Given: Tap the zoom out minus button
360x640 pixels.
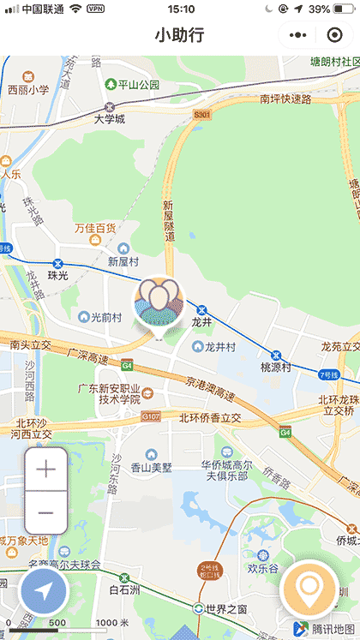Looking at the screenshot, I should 45,512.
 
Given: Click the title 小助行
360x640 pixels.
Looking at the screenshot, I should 179,35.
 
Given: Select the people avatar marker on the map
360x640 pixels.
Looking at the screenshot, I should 159,303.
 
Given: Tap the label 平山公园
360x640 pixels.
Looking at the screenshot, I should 138,84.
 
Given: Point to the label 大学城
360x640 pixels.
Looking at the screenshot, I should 110,118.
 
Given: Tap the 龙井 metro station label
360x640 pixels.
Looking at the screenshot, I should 201,322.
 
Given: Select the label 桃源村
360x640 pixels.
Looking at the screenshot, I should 277,367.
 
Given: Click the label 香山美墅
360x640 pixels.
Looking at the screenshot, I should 151,467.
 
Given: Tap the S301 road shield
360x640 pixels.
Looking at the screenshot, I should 202,114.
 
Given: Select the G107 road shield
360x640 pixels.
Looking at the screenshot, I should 151,416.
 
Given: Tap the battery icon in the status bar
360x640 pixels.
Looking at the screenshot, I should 345,9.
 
